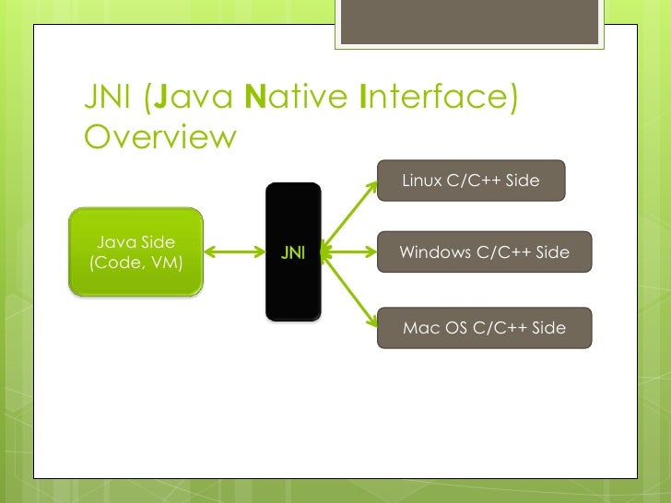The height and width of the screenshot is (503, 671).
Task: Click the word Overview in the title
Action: pyautogui.click(x=160, y=137)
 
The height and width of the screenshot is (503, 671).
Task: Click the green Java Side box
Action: pyautogui.click(x=136, y=251)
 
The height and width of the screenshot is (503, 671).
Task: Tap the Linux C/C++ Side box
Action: pyautogui.click(x=470, y=181)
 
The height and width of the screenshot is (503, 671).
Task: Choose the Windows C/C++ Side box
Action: pyautogui.click(x=484, y=252)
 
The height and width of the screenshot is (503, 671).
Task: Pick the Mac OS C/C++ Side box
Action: pyautogui.click(x=484, y=328)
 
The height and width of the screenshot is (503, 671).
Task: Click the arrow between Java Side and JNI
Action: pyautogui.click(x=234, y=251)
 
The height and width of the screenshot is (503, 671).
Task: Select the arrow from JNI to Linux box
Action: pyautogui.click(x=349, y=215)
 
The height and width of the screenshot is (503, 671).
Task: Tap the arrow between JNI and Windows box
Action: pyautogui.click(x=349, y=251)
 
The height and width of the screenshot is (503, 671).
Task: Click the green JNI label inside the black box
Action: pyautogui.click(x=293, y=252)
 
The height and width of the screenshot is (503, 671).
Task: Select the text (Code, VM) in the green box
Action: pyautogui.click(x=135, y=263)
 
